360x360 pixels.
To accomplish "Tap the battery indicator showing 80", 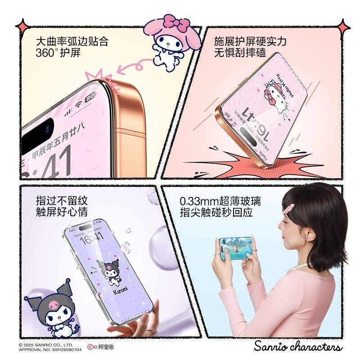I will tap(90, 97).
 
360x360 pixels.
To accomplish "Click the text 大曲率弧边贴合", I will tap(72, 42).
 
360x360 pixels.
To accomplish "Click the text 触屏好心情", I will tap(62, 211).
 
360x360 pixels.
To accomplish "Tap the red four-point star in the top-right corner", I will tap(344, 27).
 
